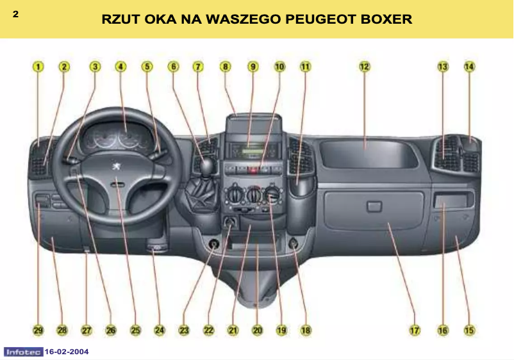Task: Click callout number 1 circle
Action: [x=38, y=66]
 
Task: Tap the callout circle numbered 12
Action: [x=364, y=66]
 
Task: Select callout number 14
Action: [x=469, y=66]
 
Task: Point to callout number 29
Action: [x=38, y=331]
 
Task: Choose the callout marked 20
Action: [x=257, y=331]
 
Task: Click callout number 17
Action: [x=414, y=331]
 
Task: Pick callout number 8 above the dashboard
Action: [x=225, y=66]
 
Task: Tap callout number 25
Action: [x=135, y=331]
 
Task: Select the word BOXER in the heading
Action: [x=387, y=19]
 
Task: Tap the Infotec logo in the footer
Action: [x=23, y=352]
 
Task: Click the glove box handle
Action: [x=372, y=206]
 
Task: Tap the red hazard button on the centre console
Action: [x=253, y=171]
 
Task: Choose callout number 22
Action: [x=208, y=331]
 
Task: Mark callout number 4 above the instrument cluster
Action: [x=120, y=66]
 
